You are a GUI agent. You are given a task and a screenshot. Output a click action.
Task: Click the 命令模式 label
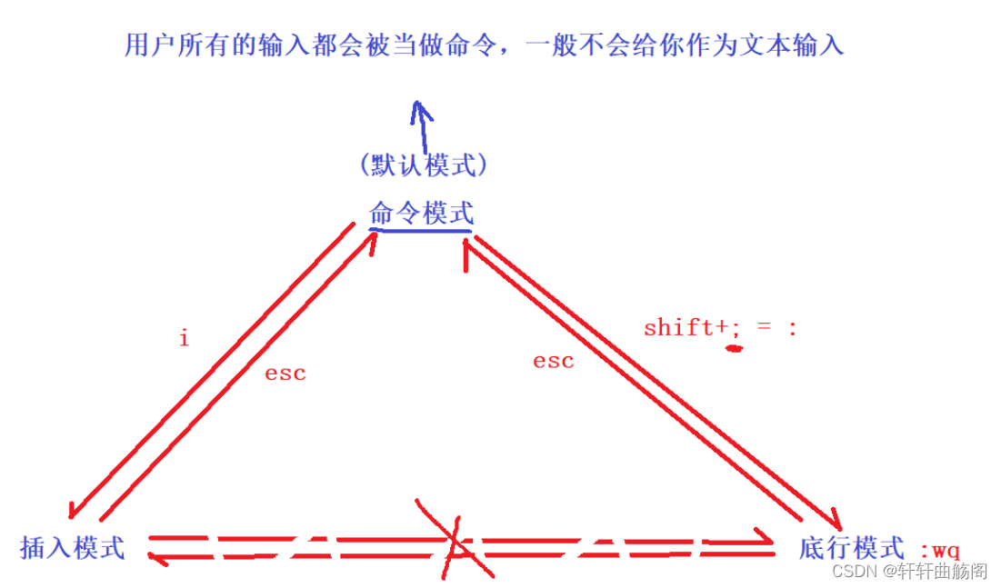click(x=421, y=214)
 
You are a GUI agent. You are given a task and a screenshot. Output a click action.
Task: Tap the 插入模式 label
click(x=73, y=548)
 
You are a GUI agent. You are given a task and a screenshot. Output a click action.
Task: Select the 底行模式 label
click(x=852, y=548)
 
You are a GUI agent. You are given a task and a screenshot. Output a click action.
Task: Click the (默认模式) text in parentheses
click(x=423, y=164)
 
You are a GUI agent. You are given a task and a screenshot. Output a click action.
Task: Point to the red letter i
click(x=184, y=339)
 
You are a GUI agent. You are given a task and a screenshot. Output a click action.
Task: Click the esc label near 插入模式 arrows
click(x=285, y=373)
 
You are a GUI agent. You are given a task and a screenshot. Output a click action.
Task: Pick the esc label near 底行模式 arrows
click(x=553, y=361)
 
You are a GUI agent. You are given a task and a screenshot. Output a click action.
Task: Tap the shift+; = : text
click(x=719, y=327)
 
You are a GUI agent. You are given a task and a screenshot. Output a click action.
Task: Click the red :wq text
click(x=939, y=550)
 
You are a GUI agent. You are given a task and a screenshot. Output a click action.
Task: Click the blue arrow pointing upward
click(x=421, y=122)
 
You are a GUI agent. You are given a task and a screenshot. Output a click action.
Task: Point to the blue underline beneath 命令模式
click(x=421, y=230)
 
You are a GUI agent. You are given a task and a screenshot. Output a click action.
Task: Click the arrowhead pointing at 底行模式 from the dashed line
click(x=762, y=544)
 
